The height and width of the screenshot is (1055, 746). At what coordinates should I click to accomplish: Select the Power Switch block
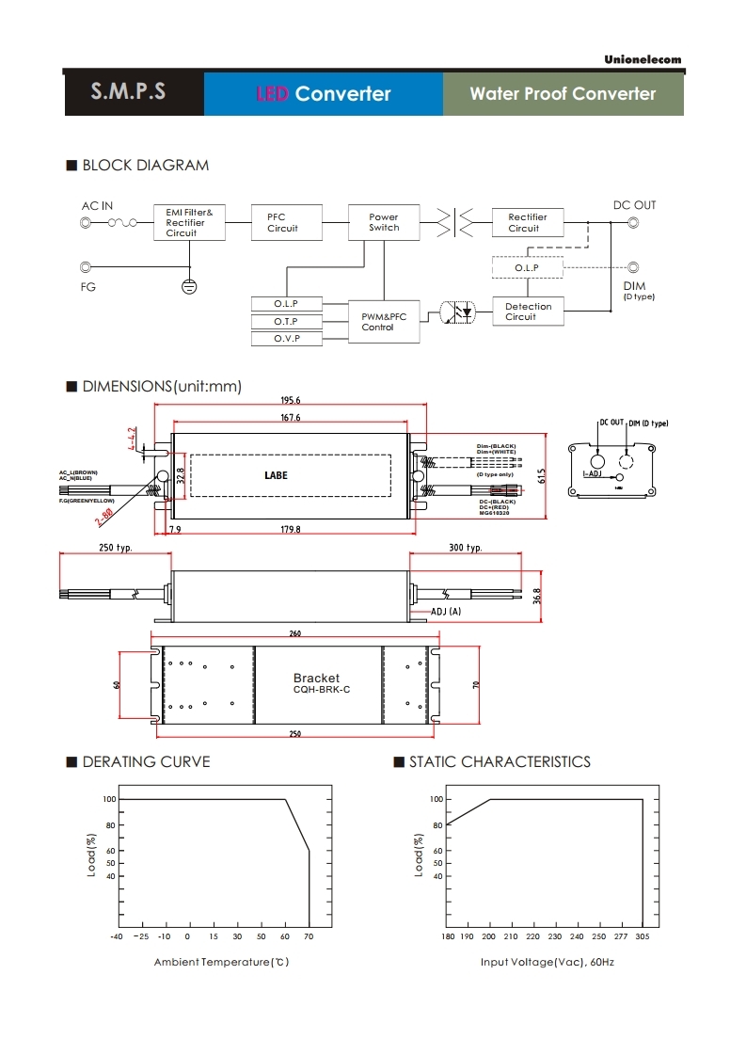(384, 222)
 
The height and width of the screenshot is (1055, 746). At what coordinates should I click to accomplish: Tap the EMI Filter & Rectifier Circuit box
(189, 223)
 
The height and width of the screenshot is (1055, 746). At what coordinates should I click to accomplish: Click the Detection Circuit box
(528, 312)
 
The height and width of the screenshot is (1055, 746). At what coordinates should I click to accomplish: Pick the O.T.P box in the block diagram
(286, 321)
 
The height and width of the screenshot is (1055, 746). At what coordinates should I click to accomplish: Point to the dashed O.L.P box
(527, 268)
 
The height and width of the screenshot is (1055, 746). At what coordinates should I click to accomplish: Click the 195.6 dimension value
(290, 400)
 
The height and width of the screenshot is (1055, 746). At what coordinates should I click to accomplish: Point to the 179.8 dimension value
(290, 530)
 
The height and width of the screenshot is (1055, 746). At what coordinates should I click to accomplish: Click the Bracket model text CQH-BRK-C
(315, 690)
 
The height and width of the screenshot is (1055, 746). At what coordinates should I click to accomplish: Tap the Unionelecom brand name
(643, 60)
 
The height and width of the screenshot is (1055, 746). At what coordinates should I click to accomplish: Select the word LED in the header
(272, 94)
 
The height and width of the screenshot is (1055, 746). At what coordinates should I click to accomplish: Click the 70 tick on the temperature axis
(310, 937)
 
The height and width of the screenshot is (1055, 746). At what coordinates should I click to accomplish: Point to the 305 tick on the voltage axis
(643, 937)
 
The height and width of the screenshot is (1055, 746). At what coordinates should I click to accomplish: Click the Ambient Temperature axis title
(221, 962)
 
